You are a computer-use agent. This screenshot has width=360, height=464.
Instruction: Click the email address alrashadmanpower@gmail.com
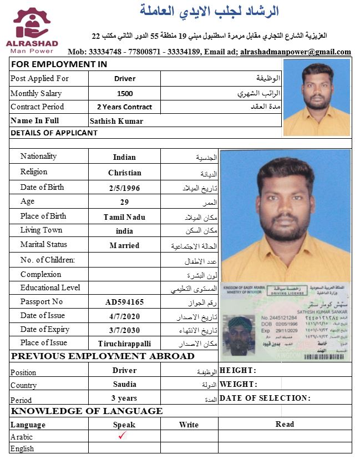tap(296, 52)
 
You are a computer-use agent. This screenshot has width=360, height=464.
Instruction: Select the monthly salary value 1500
tap(125, 93)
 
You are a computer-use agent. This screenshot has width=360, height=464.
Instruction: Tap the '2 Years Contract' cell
tap(124, 107)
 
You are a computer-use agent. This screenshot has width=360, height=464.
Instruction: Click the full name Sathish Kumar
tap(116, 121)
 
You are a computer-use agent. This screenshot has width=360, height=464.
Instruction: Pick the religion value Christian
tap(125, 173)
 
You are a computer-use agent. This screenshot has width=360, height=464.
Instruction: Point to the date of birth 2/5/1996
tap(125, 188)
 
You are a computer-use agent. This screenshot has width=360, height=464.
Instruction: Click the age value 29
tap(124, 203)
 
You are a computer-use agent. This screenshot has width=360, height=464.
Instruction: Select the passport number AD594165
tap(125, 302)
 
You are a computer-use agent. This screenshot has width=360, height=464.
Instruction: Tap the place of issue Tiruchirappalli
tap(124, 344)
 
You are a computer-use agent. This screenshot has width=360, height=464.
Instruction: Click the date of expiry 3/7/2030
tap(125, 330)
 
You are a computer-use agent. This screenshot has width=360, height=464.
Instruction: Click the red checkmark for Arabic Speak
tap(123, 436)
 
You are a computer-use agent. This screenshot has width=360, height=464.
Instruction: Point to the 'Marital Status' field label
tap(44, 245)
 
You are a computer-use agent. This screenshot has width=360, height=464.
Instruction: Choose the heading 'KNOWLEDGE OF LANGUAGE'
tap(87, 411)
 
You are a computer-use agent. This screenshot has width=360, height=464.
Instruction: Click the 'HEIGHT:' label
tap(238, 370)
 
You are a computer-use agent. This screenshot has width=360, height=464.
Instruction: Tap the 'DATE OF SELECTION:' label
tap(265, 398)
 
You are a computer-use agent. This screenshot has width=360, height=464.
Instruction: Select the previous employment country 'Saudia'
tap(124, 384)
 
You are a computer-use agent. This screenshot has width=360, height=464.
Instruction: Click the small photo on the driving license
tap(239, 335)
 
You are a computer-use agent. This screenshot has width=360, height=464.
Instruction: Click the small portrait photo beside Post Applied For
tap(316, 97)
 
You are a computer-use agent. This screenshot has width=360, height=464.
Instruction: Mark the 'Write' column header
tap(189, 425)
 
